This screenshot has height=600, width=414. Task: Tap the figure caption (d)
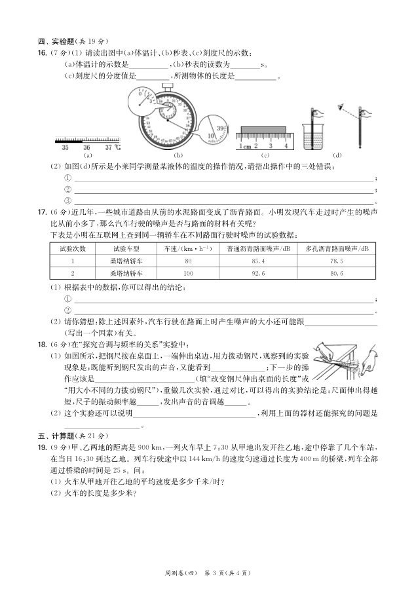pyautogui.click(x=337, y=155)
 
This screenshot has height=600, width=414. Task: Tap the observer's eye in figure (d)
pyautogui.click(x=339, y=105)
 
